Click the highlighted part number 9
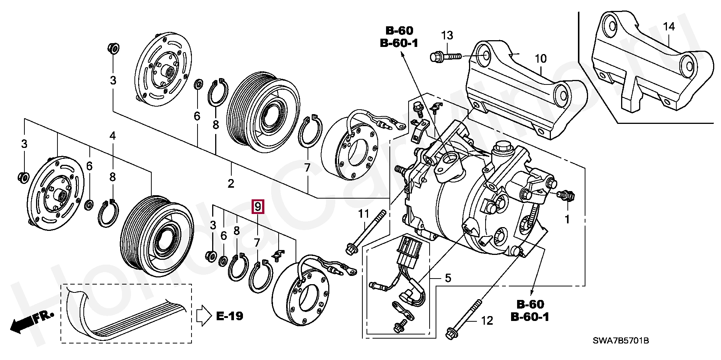pyautogui.click(x=258, y=206)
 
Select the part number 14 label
pyautogui.click(x=669, y=27)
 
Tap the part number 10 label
pyautogui.click(x=541, y=59)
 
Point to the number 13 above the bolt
pyautogui.click(x=447, y=36)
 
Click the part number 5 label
pyautogui.click(x=448, y=278)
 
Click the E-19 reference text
pyautogui.click(x=230, y=316)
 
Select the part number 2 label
pyautogui.click(x=231, y=183)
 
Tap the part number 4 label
pyautogui.click(x=113, y=136)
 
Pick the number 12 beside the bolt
pyautogui.click(x=487, y=321)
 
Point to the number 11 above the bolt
pyautogui.click(x=364, y=214)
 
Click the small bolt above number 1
pyautogui.click(x=566, y=195)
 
